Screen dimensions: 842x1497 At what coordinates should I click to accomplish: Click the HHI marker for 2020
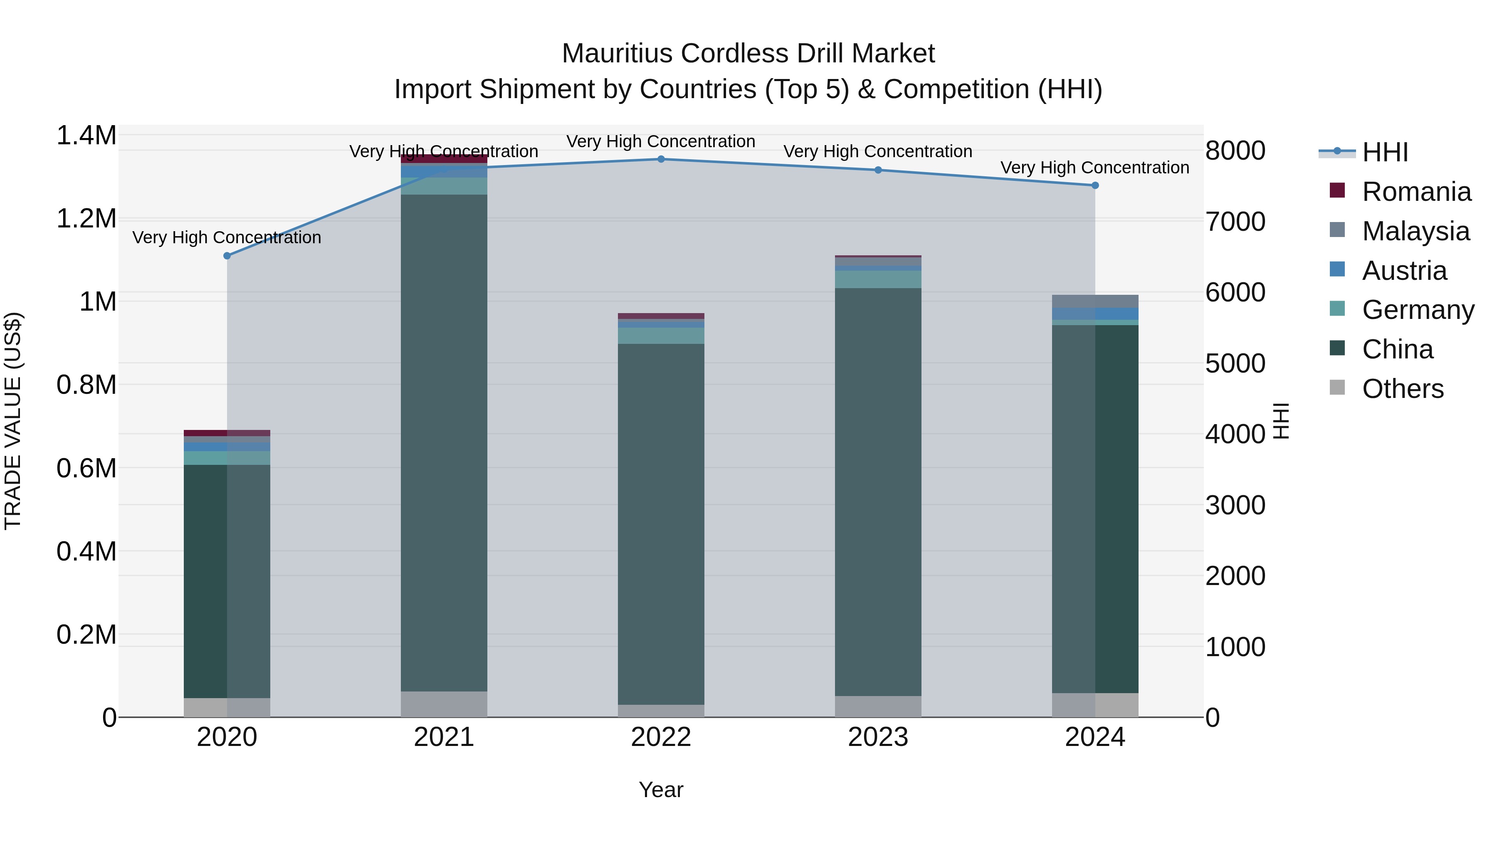pyautogui.click(x=227, y=256)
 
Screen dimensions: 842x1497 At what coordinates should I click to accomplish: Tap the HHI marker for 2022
pyautogui.click(x=661, y=159)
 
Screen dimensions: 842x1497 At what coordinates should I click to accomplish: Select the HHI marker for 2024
pyautogui.click(x=1095, y=185)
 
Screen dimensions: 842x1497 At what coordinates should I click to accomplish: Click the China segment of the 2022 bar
pyautogui.click(x=661, y=523)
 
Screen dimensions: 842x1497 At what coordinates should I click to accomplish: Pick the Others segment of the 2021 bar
pyautogui.click(x=444, y=704)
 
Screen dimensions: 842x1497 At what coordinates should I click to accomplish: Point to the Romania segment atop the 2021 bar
pyautogui.click(x=444, y=159)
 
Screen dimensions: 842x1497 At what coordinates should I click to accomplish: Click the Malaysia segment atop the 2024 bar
pyautogui.click(x=1095, y=301)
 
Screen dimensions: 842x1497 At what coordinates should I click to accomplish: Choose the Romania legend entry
pyautogui.click(x=1416, y=192)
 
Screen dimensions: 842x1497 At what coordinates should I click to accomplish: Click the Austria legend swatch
pyautogui.click(x=1337, y=269)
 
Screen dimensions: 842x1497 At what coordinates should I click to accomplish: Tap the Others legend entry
pyautogui.click(x=1402, y=389)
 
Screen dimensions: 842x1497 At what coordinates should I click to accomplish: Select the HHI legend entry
pyautogui.click(x=1385, y=152)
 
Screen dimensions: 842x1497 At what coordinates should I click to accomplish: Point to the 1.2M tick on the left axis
pyautogui.click(x=86, y=219)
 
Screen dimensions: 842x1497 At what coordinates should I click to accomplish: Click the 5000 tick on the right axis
pyautogui.click(x=1235, y=364)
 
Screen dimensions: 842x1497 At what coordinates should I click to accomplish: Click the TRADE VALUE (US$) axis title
pyautogui.click(x=13, y=421)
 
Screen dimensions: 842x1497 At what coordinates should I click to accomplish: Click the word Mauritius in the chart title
pyautogui.click(x=617, y=54)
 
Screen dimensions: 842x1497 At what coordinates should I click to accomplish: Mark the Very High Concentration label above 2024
pyautogui.click(x=1095, y=167)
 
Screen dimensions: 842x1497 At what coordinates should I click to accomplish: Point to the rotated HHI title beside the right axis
pyautogui.click(x=1281, y=421)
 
